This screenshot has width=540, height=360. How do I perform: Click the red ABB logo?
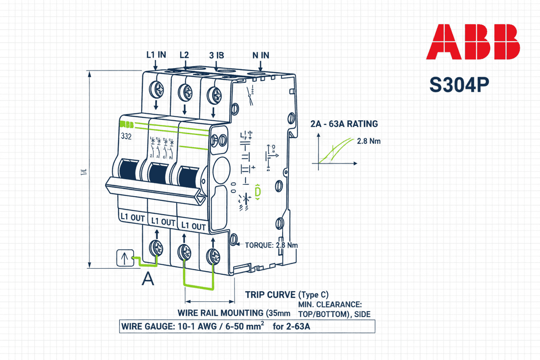(x=473, y=42)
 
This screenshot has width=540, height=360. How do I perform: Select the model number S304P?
(x=459, y=85)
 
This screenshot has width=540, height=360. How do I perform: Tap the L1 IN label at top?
(x=156, y=55)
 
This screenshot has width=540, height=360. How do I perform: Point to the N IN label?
(x=260, y=55)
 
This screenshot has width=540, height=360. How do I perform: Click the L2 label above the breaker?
(x=184, y=55)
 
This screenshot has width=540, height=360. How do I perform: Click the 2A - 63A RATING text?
(x=344, y=124)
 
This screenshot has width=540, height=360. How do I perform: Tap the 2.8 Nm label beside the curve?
(x=369, y=141)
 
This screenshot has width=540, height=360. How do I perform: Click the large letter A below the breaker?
(x=148, y=279)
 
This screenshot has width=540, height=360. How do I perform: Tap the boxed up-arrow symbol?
(x=124, y=259)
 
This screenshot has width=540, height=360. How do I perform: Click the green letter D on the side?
(x=258, y=192)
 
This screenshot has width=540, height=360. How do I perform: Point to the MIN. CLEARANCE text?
(x=330, y=305)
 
